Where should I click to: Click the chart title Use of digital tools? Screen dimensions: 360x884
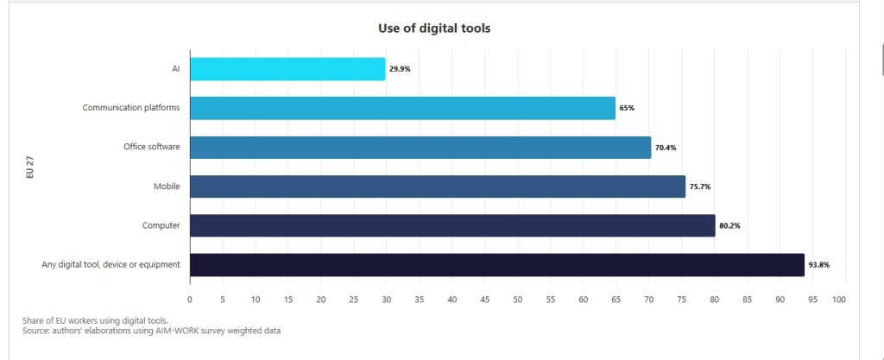[434, 28]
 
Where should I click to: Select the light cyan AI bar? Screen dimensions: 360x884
[287, 69]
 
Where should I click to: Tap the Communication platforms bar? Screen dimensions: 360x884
[402, 108]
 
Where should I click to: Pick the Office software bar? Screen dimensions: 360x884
[420, 147]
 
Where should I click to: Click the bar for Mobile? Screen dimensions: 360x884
[438, 186]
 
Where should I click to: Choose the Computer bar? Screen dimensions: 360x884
[452, 225]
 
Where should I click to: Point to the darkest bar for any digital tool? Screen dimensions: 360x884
[497, 264]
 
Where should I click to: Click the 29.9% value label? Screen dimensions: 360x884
[400, 69]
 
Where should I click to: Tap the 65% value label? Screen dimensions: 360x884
[627, 108]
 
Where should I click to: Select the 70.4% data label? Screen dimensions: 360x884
[666, 148]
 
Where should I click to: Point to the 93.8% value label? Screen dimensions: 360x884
[819, 265]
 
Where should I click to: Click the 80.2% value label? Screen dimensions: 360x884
[729, 226]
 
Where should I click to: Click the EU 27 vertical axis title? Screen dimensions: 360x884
[30, 167]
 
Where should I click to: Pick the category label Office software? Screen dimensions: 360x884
[152, 147]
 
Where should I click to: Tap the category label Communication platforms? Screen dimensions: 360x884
[131, 108]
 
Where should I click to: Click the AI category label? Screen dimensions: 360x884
[175, 69]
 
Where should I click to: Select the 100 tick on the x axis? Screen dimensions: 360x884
[839, 300]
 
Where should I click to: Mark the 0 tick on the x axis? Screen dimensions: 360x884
[190, 300]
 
